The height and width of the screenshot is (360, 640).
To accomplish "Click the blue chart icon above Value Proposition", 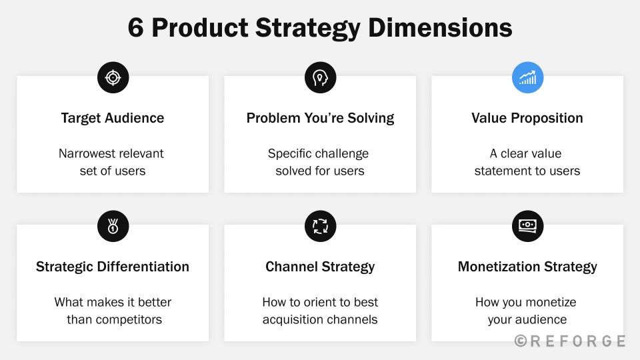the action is click(527, 77).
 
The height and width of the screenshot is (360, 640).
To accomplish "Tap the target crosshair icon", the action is click(113, 77).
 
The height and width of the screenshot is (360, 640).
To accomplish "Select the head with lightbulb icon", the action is click(321, 77).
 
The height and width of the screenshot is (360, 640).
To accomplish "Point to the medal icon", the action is click(113, 226).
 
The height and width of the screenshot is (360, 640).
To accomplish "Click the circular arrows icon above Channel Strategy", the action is click(321, 226).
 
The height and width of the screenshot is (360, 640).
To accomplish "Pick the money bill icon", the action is click(527, 226).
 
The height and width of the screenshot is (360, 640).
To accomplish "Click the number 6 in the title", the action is click(136, 28).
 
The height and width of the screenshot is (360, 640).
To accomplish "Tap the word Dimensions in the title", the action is click(440, 28).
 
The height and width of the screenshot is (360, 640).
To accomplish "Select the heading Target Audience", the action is click(113, 118).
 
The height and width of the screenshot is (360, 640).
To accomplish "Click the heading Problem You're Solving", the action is click(321, 118).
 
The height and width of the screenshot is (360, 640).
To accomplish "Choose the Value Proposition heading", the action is click(527, 118).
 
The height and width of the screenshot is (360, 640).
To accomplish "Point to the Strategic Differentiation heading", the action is click(113, 267).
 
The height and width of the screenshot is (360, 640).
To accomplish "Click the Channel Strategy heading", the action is click(321, 267).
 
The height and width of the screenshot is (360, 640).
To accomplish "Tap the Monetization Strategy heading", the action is click(527, 267).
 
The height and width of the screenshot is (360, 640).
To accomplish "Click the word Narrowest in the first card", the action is click(85, 153).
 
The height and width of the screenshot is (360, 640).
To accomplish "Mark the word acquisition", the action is click(293, 319).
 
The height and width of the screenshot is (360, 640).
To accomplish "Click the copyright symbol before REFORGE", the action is click(521, 341).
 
